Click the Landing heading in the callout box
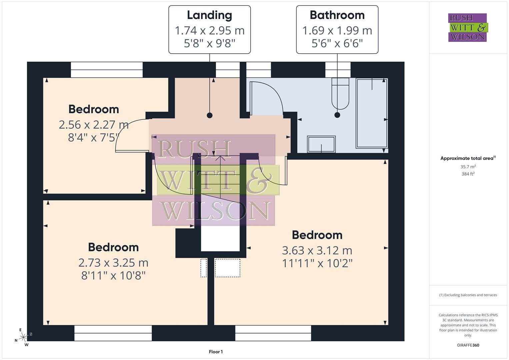click(x=209, y=15)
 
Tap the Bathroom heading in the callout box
click(x=337, y=15)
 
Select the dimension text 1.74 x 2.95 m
click(x=209, y=31)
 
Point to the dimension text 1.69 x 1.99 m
click(x=337, y=31)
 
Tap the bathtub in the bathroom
click(x=372, y=113)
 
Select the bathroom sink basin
click(x=321, y=144)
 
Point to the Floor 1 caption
click(x=216, y=352)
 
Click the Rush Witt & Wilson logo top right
click(x=467, y=28)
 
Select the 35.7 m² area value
click(x=468, y=167)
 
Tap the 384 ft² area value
click(x=468, y=174)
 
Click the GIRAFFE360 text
click(x=468, y=345)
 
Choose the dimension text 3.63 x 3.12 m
click(x=317, y=250)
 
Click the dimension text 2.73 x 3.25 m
click(x=113, y=263)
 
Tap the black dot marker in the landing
click(x=209, y=115)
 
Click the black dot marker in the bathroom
click(x=337, y=115)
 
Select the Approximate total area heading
click(x=468, y=158)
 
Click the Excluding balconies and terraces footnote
click(x=468, y=295)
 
